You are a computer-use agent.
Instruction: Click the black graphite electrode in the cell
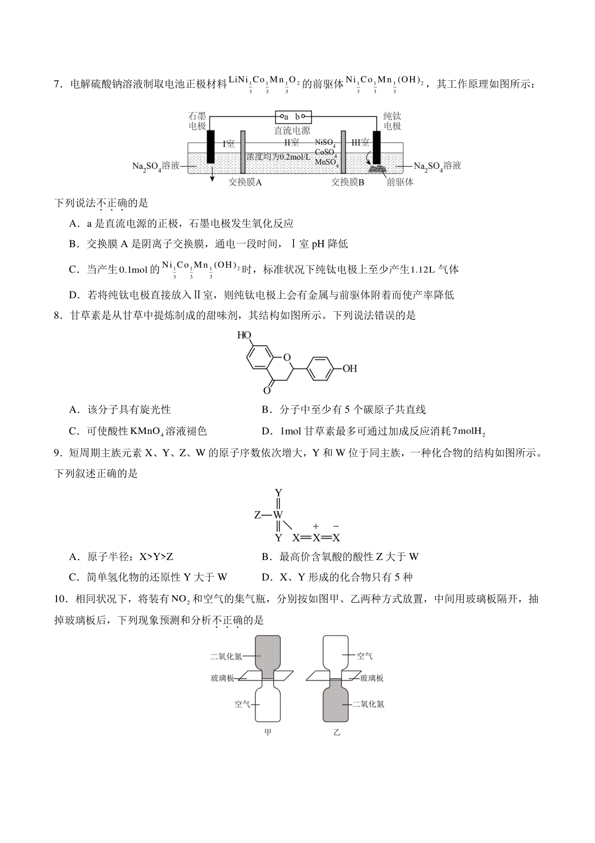(211, 147)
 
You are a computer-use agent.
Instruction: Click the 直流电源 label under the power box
(292, 130)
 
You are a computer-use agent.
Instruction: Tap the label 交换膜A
(245, 182)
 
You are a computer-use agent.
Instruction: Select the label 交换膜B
(348, 182)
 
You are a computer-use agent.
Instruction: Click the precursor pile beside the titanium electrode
(379, 169)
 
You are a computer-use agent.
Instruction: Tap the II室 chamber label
(291, 143)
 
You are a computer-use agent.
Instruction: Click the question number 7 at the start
(57, 84)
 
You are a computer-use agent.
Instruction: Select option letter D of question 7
(74, 295)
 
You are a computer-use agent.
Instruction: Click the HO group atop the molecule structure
(244, 335)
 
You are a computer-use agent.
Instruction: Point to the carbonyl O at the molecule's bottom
(267, 391)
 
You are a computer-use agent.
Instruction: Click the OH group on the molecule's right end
(350, 368)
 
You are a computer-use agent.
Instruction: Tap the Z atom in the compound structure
(257, 515)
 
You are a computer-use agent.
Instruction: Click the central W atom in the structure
(278, 515)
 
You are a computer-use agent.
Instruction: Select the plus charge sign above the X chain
(316, 526)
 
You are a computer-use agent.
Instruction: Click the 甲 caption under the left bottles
(268, 732)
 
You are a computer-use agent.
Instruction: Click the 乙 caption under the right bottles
(337, 732)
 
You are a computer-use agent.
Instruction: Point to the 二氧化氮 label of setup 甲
(226, 656)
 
